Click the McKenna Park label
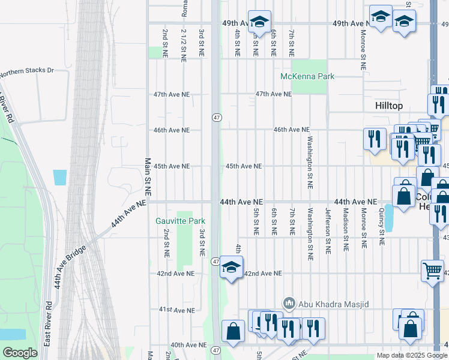tap(307, 76)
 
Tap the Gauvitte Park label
tap(181, 221)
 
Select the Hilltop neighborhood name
tap(388, 106)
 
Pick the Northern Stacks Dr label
tap(27, 71)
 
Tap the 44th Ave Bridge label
tap(71, 265)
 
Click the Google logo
tap(19, 353)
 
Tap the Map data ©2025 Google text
tap(411, 355)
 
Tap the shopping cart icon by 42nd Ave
tap(432, 271)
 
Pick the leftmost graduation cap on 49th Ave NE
tap(259, 22)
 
